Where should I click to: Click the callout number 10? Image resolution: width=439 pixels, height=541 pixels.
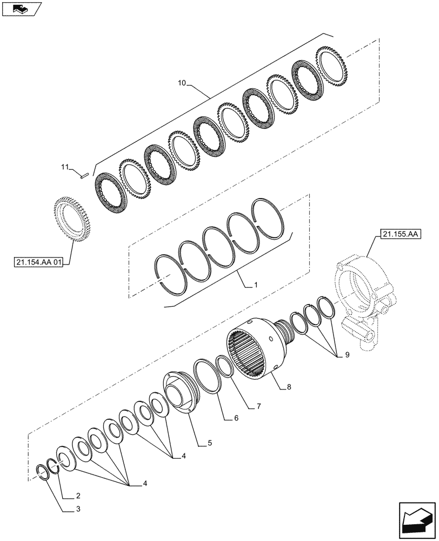pyautogui.click(x=182, y=83)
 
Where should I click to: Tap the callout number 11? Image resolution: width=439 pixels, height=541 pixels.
pyautogui.click(x=66, y=168)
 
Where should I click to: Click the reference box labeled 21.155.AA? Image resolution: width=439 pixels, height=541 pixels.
pyautogui.click(x=401, y=234)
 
